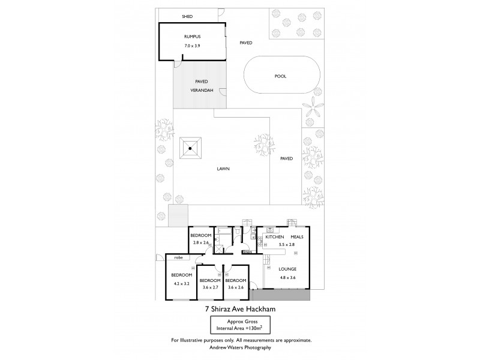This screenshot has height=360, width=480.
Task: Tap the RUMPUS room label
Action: [x=192, y=37]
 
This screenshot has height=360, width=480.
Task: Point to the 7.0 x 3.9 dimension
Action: [x=192, y=46]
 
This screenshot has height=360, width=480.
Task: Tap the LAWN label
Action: [x=224, y=169]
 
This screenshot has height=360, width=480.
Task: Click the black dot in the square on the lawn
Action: [x=191, y=148]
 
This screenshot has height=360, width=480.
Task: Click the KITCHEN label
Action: [x=274, y=237]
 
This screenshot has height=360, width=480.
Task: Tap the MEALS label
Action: [x=298, y=237]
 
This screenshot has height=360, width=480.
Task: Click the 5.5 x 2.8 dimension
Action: [x=287, y=245]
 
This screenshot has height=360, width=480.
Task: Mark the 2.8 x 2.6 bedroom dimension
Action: [x=201, y=242]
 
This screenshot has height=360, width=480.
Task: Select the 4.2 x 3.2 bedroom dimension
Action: [x=181, y=283]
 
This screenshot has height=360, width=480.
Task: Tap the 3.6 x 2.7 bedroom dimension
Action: [x=209, y=288]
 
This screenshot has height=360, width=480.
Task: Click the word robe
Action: [x=179, y=257]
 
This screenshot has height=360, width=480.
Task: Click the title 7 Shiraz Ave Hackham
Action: [x=240, y=310]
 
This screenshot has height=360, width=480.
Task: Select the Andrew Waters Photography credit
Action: [x=240, y=347]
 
